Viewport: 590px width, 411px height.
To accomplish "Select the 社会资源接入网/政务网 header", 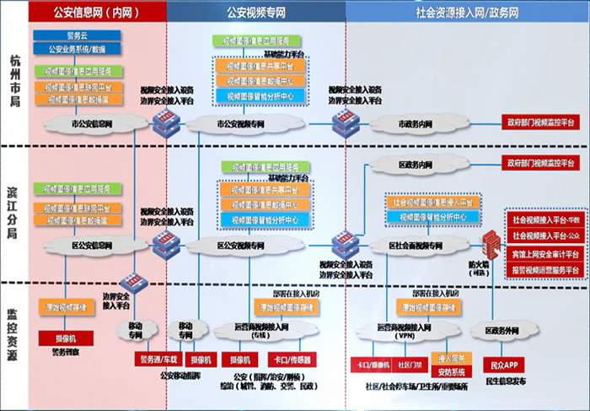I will point(468,12).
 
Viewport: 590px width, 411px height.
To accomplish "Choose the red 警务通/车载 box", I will point(149,359).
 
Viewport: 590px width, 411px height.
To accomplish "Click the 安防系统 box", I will point(451,371).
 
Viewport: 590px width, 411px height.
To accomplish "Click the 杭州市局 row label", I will point(14,78).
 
